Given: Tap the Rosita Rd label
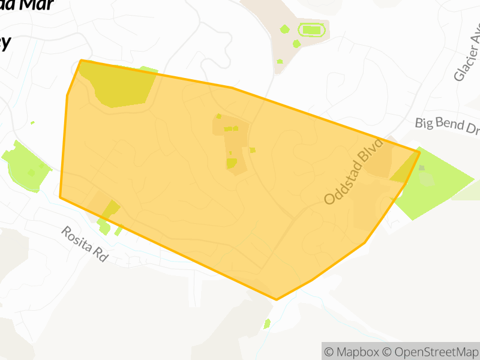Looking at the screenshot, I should [85, 244].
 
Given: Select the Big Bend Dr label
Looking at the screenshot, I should [446, 127].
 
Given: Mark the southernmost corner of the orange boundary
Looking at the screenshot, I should [277, 299].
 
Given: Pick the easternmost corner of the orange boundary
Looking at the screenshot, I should [419, 152].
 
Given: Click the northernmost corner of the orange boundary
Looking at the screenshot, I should [81, 60].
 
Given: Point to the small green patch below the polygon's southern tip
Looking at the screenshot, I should [267, 324].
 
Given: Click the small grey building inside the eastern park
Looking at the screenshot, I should [422, 168].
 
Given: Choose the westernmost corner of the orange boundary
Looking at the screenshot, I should [60, 196].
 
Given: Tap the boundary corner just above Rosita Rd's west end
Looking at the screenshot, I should [60, 196].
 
